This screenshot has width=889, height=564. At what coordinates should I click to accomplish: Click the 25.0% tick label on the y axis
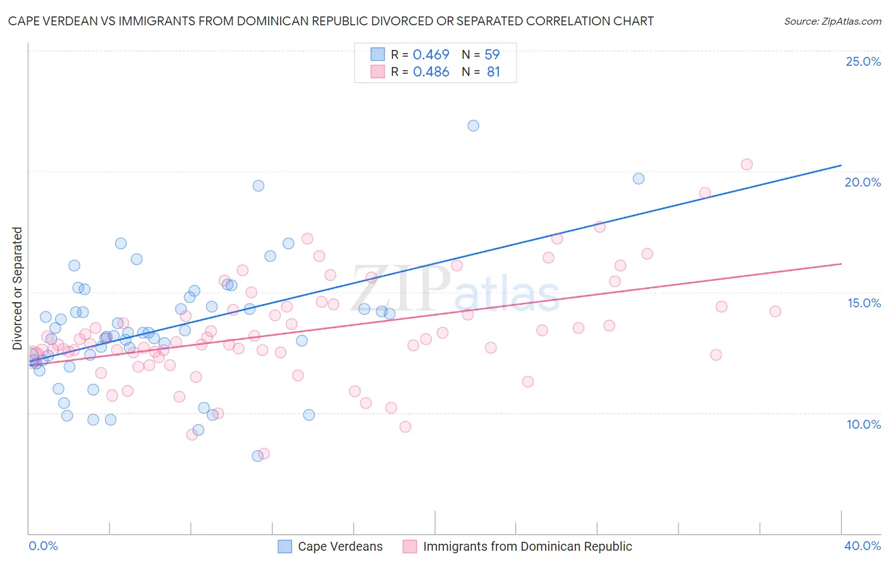(863, 61)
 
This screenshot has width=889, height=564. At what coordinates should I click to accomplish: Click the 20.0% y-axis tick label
(863, 182)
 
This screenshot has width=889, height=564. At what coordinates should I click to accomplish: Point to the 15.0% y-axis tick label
(864, 303)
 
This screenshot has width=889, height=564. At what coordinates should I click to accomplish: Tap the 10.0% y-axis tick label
(864, 424)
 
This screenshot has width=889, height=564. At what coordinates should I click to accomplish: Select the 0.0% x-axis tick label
(43, 546)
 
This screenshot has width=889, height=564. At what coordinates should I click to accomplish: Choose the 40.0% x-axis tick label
(862, 546)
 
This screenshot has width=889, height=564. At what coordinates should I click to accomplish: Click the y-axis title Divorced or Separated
(18, 288)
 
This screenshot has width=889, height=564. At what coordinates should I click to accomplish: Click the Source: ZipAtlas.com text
(833, 21)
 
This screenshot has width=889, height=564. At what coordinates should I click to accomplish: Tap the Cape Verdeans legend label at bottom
(340, 546)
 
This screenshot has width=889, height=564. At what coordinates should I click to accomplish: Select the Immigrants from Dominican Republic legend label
(527, 546)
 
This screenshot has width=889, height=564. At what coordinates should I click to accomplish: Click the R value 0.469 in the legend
(431, 54)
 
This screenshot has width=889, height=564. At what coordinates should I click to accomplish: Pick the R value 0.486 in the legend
(431, 72)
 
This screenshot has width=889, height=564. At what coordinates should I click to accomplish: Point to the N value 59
(492, 54)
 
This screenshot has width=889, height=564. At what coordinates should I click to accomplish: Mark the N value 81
(493, 72)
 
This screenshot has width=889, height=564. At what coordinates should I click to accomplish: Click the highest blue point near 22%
(473, 126)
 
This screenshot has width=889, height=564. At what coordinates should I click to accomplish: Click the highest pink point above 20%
(747, 164)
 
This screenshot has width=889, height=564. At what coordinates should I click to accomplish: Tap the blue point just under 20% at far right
(639, 179)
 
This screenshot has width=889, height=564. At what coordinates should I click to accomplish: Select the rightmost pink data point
(775, 311)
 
